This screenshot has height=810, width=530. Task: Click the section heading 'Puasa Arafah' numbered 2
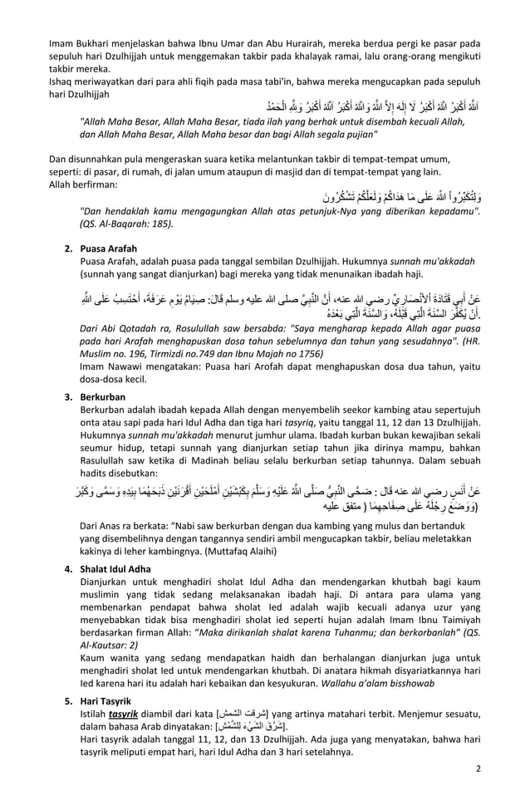pos(109,248)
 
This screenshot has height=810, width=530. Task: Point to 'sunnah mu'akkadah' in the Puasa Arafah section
pos(439,261)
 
